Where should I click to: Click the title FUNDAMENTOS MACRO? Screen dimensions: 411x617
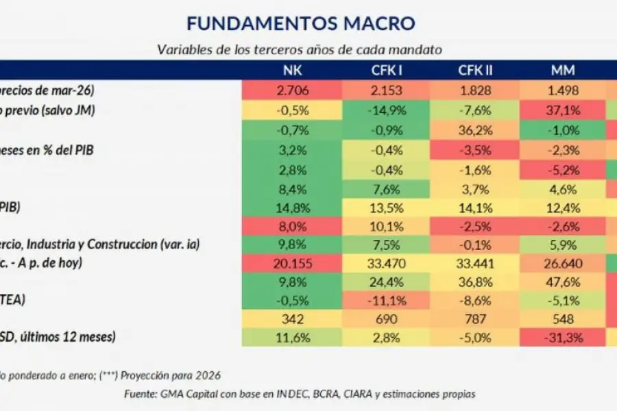pyautogui.click(x=300, y=23)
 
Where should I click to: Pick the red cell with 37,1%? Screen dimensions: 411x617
pyautogui.click(x=562, y=110)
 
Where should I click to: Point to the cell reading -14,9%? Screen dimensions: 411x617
pyautogui.click(x=386, y=110)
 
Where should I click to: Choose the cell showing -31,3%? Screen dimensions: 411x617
pyautogui.click(x=562, y=336)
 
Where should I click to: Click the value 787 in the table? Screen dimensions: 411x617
pyautogui.click(x=478, y=318)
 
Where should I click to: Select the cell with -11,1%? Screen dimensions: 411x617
pyautogui.click(x=386, y=299)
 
